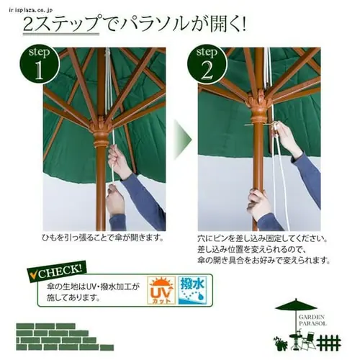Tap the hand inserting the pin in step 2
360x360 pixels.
(287, 137)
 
